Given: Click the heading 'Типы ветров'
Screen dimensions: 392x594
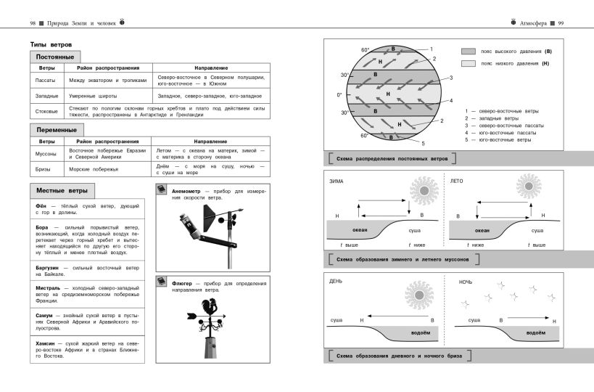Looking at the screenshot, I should click(51, 44).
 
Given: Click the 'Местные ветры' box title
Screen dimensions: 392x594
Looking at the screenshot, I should click(62, 192).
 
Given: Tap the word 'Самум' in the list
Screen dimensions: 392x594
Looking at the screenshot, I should click(44, 316).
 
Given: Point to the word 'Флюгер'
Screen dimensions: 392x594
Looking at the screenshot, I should click(182, 283).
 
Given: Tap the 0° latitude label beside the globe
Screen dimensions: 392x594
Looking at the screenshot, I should click(339, 94).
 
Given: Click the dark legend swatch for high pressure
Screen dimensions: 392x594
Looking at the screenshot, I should click(469, 52).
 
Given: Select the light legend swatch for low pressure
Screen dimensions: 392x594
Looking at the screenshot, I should click(469, 64).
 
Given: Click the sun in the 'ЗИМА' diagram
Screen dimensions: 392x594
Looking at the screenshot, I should click(424, 190).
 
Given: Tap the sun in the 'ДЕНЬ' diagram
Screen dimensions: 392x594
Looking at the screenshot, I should click(418, 295).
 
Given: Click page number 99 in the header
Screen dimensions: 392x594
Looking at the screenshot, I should click(561, 23).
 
